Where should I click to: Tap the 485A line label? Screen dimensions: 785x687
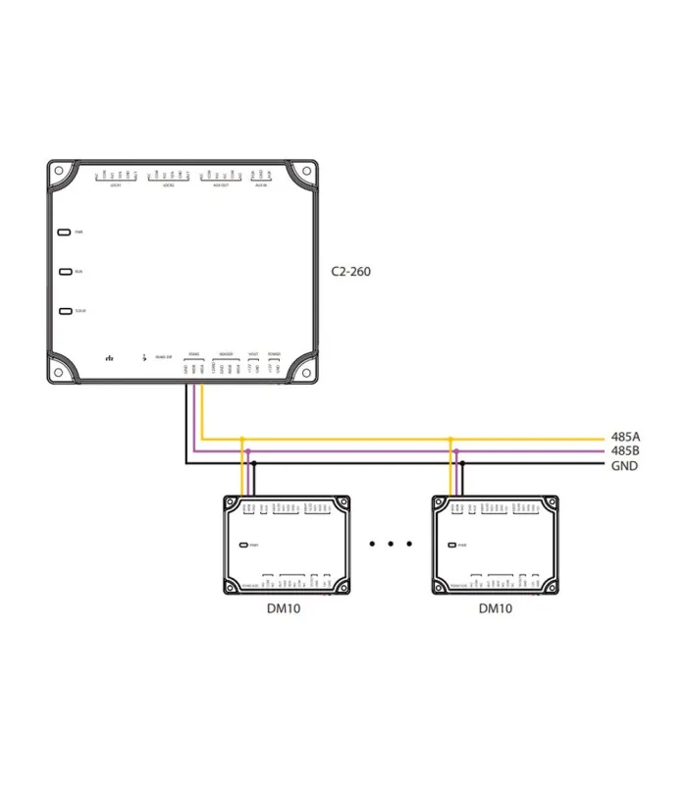[x=624, y=438]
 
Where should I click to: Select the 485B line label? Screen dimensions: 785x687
[x=624, y=451]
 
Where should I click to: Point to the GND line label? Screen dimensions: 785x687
[x=624, y=465]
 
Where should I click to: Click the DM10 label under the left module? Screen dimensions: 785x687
[x=284, y=608]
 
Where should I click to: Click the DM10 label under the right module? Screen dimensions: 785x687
[x=496, y=608]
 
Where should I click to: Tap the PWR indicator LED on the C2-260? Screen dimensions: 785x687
[x=65, y=233]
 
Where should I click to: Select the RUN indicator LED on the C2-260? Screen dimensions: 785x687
[x=65, y=272]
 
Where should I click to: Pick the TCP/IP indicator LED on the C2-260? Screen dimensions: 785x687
[x=65, y=311]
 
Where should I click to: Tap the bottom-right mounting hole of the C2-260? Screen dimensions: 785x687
[x=305, y=373]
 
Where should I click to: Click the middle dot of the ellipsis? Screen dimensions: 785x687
[x=391, y=542]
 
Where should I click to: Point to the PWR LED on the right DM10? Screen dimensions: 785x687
[x=452, y=544]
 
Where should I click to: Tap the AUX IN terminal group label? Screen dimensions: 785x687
[x=260, y=185]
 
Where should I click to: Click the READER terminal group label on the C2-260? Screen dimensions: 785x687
[x=226, y=353]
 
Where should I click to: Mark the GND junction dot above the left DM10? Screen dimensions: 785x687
[x=252, y=460]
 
